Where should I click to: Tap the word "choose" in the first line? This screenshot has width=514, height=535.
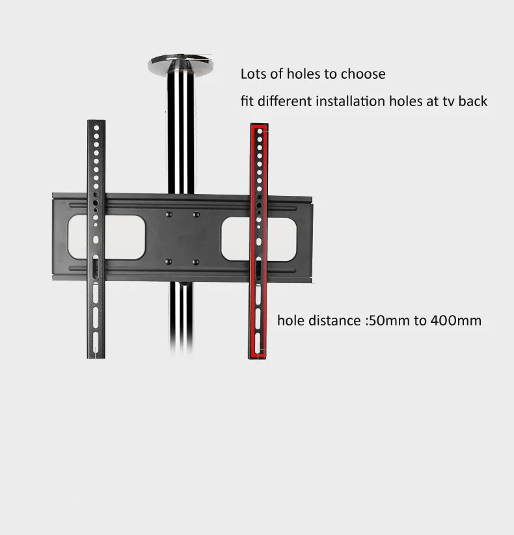coord(362,74)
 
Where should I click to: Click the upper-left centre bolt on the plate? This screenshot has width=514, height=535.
coord(169,213)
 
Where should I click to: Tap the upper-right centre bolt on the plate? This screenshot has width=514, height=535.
coord(196,213)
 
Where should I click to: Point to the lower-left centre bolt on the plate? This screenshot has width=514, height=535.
coord(169,262)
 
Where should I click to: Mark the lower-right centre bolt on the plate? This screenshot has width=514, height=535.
coord(196,262)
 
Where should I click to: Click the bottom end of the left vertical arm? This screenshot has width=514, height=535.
coord(95,355)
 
